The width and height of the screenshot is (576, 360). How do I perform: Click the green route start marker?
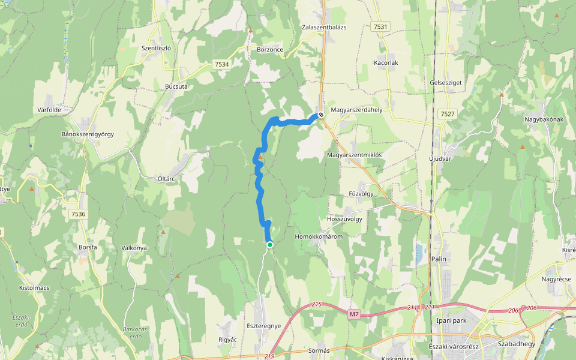click(x=270, y=244)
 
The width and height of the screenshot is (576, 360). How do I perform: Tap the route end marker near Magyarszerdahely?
click(x=321, y=115)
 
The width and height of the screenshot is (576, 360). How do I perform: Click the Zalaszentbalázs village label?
click(x=325, y=28)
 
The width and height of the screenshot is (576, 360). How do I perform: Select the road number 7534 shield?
click(x=221, y=64)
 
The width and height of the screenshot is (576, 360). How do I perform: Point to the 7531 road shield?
click(x=380, y=27)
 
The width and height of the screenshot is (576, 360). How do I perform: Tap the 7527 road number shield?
click(x=447, y=113)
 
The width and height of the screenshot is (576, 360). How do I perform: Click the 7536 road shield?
click(x=78, y=214)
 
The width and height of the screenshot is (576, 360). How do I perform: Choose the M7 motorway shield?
click(x=354, y=314)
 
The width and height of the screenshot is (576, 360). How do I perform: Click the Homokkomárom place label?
click(x=319, y=236)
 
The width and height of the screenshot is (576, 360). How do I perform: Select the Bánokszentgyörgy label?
click(x=88, y=134)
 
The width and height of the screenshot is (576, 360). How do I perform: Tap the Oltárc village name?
click(x=166, y=178)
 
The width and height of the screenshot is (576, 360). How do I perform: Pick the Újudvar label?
click(x=440, y=159)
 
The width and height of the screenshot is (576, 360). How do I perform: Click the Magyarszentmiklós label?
click(x=355, y=155)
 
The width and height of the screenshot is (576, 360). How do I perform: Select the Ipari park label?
click(x=451, y=320)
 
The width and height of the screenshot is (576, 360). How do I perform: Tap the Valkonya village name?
click(x=134, y=248)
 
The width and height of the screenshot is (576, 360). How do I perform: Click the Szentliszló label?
click(x=157, y=47)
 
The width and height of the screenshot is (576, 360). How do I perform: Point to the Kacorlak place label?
click(x=386, y=62)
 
